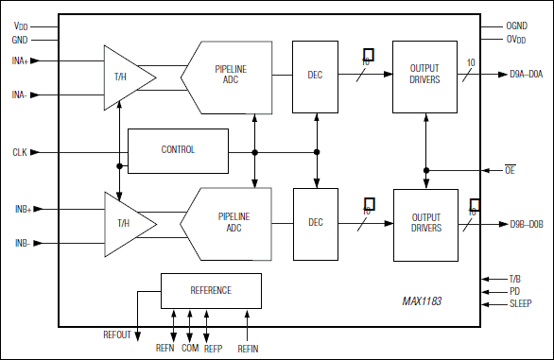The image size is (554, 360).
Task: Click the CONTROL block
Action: [x=178, y=150]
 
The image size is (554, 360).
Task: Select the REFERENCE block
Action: [x=210, y=290]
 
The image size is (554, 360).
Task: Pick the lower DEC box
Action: [x=315, y=223]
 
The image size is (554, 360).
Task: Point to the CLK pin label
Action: [x=20, y=152]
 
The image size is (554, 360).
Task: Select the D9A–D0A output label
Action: [x=525, y=74]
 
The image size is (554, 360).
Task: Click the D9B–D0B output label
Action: [x=526, y=224]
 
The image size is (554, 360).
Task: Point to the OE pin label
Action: [x=511, y=170]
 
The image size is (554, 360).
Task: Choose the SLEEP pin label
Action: [x=520, y=303]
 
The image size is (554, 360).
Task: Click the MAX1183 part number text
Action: [x=422, y=301]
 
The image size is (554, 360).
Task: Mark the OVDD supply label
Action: [x=516, y=39]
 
